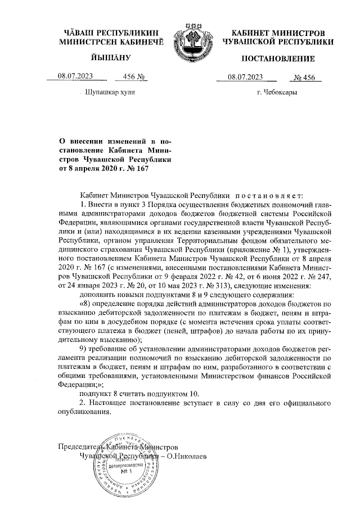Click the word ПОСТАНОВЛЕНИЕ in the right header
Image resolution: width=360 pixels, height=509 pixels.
[x=278, y=59]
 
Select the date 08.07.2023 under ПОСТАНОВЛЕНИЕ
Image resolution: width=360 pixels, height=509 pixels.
[x=245, y=77]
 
